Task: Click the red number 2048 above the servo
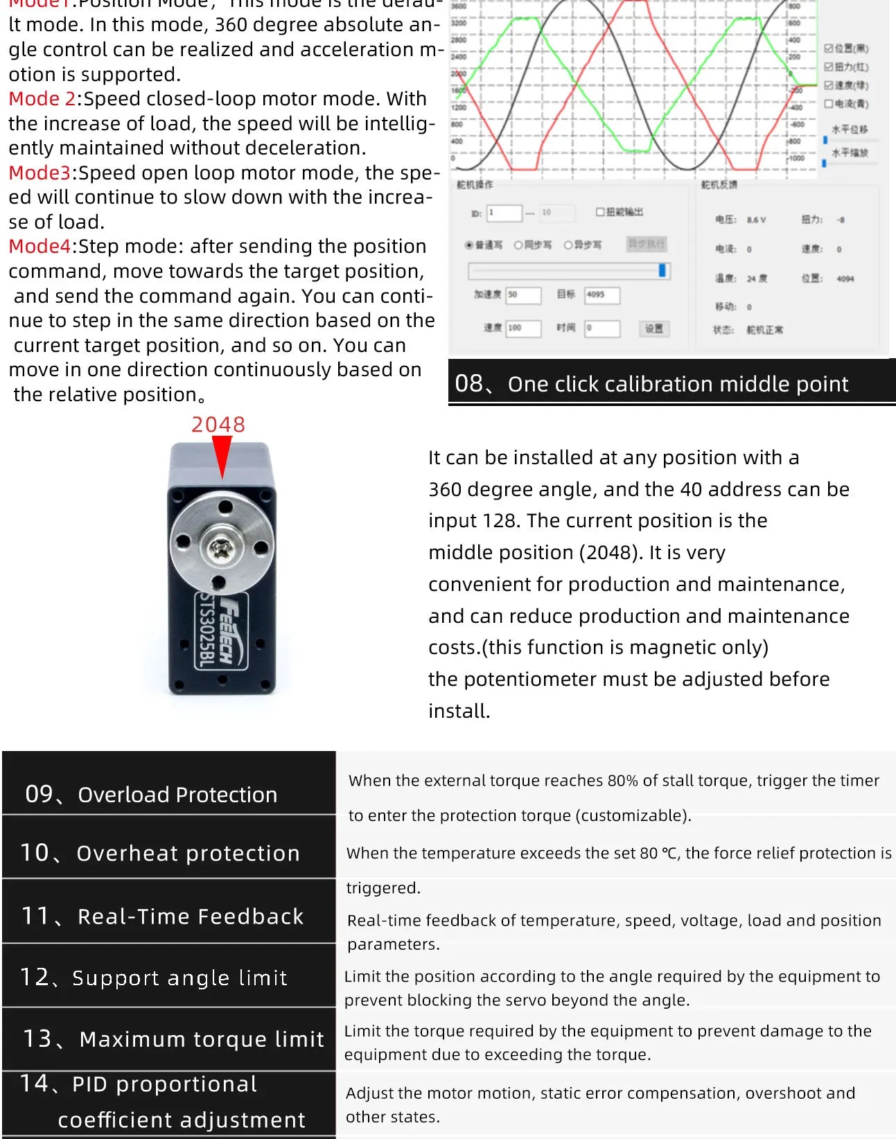[218, 425]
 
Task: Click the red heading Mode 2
[42, 99]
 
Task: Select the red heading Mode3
[39, 173]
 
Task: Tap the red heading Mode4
[39, 247]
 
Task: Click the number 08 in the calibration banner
[468, 383]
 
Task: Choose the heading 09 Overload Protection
[151, 794]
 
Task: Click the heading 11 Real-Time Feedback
[163, 916]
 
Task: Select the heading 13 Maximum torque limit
[173, 1039]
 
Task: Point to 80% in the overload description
[622, 781]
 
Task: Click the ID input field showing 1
[504, 213]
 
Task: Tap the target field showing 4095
[601, 295]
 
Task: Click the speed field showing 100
[523, 328]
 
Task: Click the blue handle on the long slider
[662, 271]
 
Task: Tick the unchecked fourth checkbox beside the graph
[828, 104]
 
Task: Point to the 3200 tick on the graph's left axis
[459, 22]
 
